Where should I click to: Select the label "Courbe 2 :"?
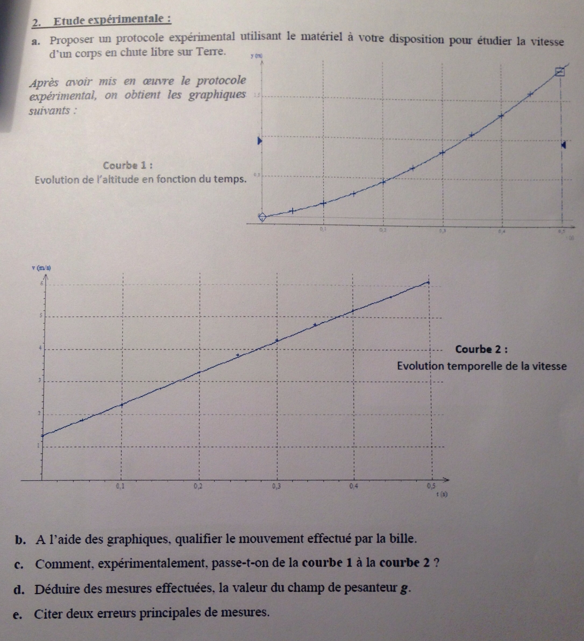point(481,350)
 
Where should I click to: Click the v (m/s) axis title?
point(41,268)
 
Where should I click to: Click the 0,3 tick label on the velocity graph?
point(276,486)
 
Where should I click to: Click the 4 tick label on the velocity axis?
point(40,348)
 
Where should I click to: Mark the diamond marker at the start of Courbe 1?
point(262,217)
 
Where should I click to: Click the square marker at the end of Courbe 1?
point(560,72)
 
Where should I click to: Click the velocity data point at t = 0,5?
point(428,282)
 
